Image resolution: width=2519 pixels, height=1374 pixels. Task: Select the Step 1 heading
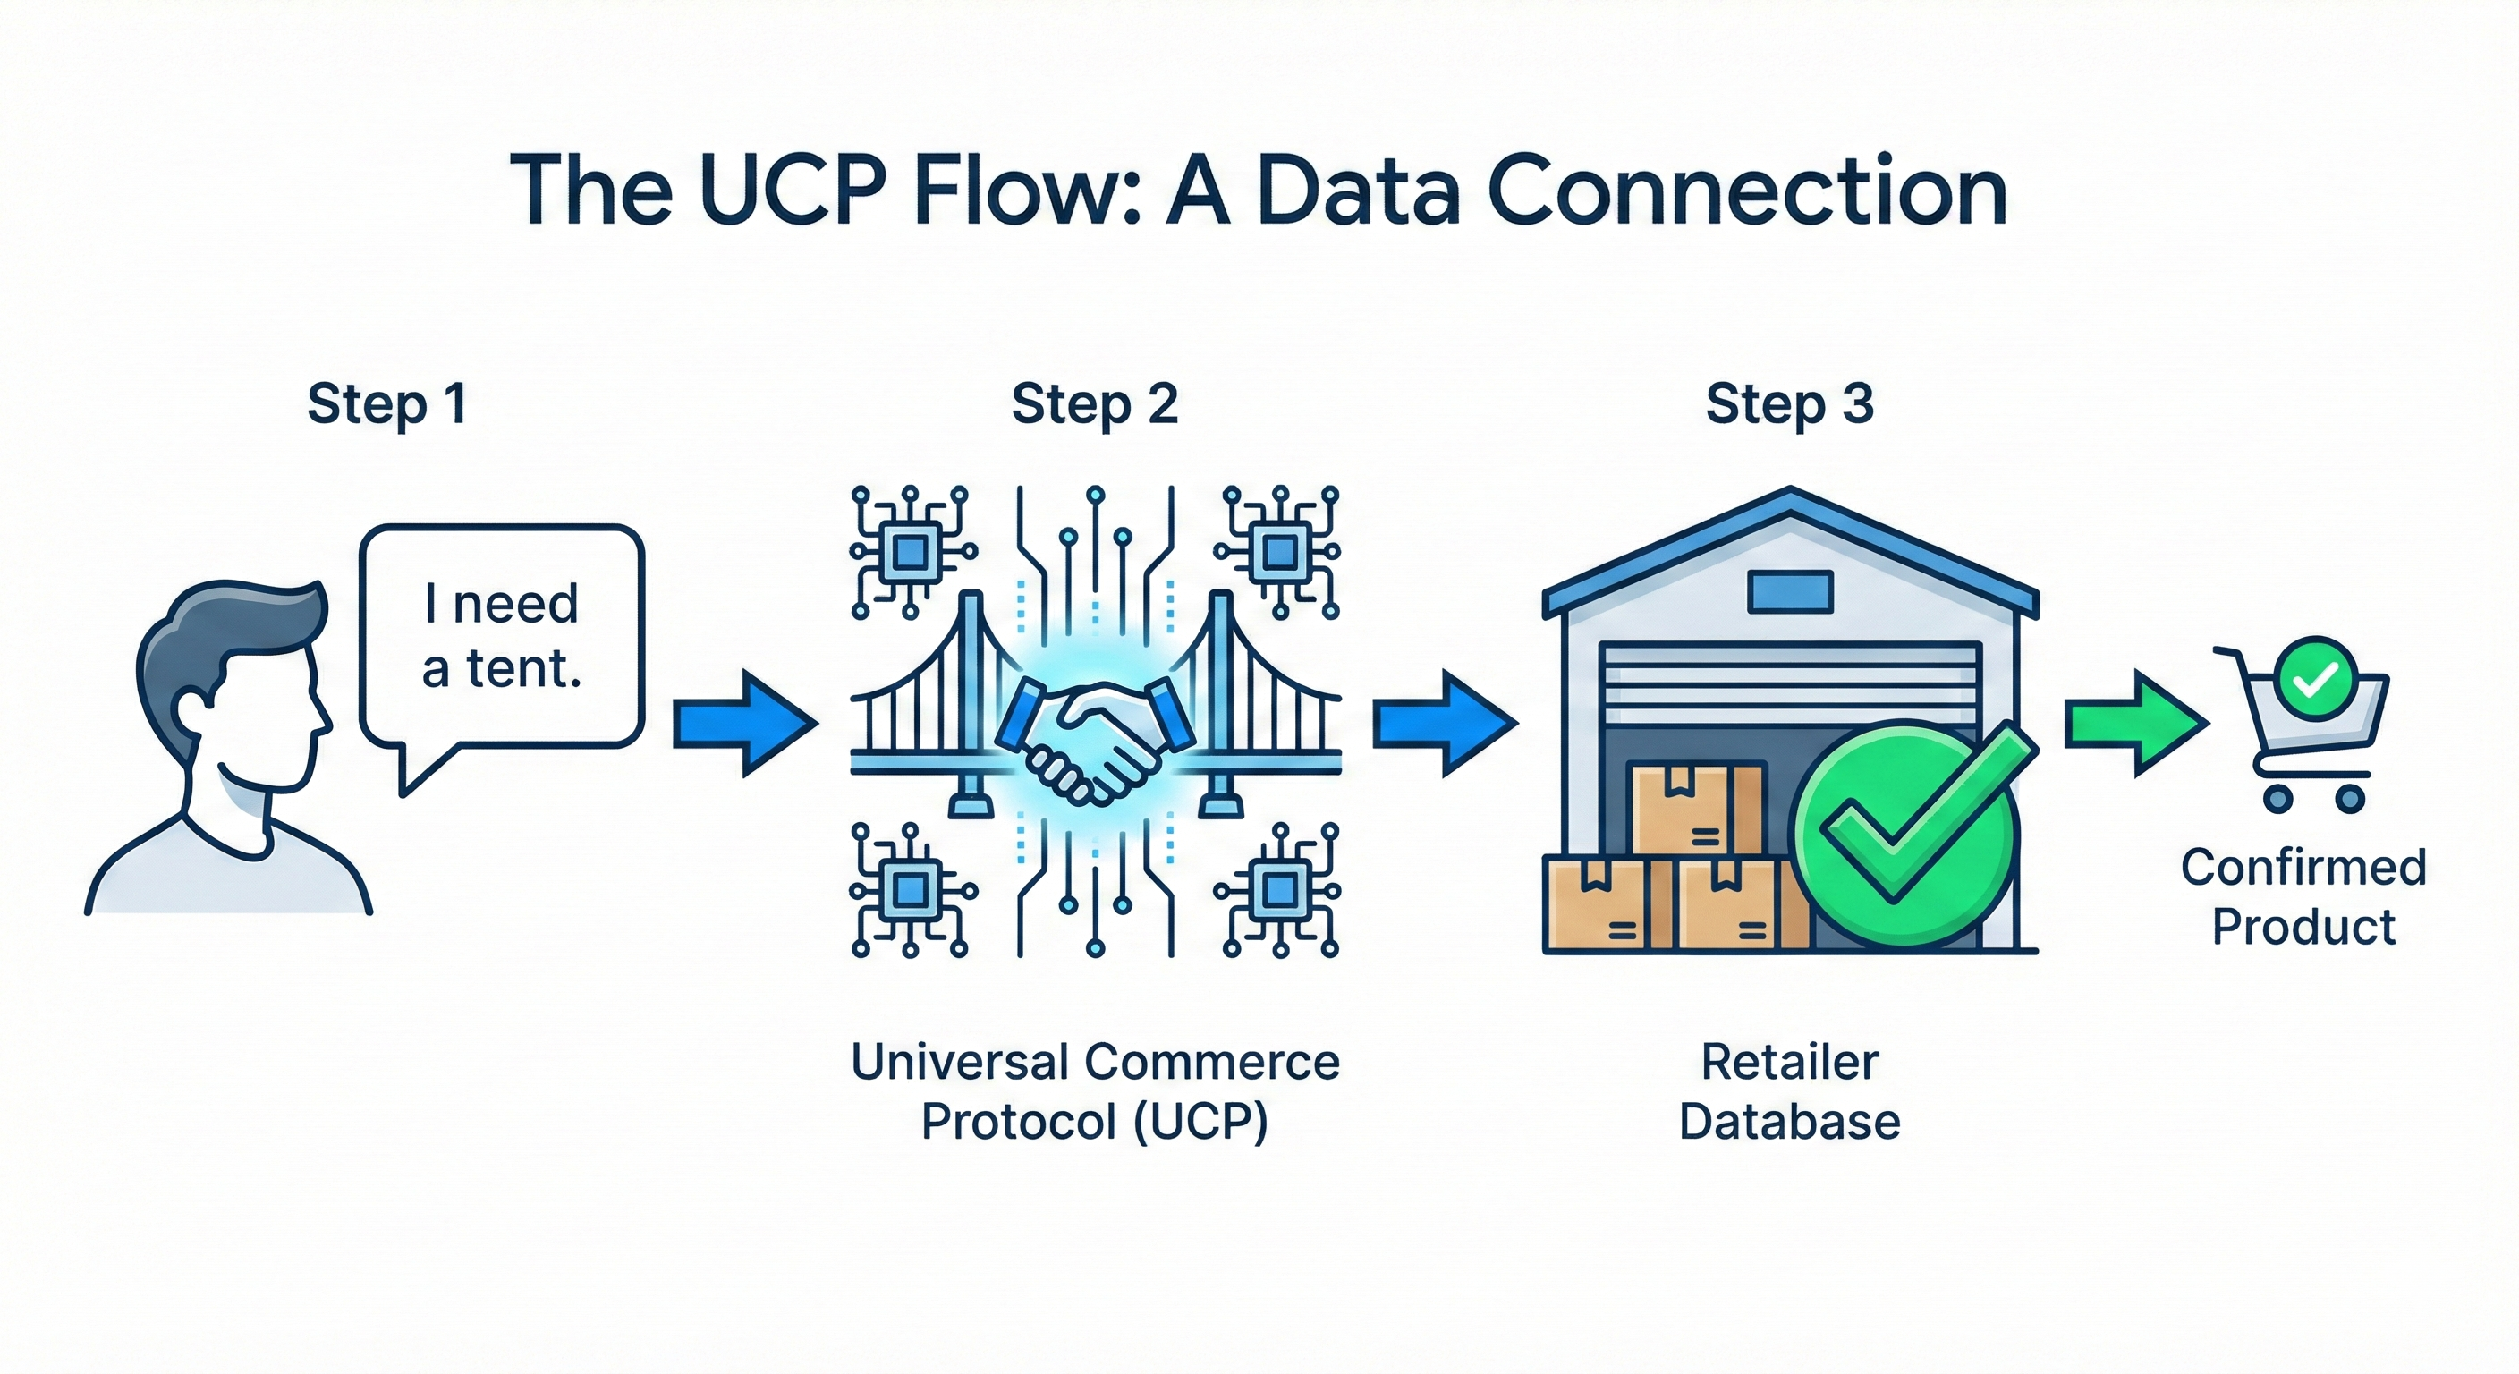tap(387, 404)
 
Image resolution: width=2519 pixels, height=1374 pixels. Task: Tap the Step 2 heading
tap(1094, 404)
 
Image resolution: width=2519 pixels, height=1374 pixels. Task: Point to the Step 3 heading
tap(1789, 404)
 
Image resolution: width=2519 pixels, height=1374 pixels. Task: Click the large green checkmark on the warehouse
tap(1907, 831)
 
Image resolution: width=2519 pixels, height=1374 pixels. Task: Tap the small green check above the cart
tap(2316, 678)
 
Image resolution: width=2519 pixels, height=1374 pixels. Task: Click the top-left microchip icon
tap(910, 553)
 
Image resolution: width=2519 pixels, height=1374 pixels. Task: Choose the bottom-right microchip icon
tap(1278, 891)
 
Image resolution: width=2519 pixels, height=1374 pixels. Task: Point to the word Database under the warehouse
tap(1789, 1122)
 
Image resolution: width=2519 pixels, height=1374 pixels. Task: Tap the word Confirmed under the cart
tap(2303, 868)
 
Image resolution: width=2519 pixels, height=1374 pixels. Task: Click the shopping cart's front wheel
tap(2277, 799)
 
